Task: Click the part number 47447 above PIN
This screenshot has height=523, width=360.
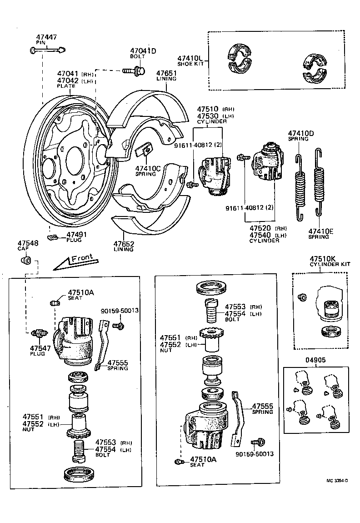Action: click(46, 37)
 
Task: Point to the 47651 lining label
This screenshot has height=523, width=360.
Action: click(166, 73)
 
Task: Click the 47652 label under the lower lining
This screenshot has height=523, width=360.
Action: click(124, 244)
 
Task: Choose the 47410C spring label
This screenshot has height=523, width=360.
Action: click(148, 168)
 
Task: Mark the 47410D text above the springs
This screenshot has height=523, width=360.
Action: click(301, 133)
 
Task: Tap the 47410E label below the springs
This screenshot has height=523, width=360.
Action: click(320, 231)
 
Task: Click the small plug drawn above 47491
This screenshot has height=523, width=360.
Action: click(53, 237)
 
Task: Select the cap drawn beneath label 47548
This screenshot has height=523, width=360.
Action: click(26, 261)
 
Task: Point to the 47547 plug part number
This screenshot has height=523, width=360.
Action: click(37, 348)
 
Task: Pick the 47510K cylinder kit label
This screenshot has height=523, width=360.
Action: click(322, 259)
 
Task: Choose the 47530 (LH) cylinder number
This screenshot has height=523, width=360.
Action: click(207, 116)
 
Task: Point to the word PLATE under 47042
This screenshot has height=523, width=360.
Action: click(66, 86)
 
